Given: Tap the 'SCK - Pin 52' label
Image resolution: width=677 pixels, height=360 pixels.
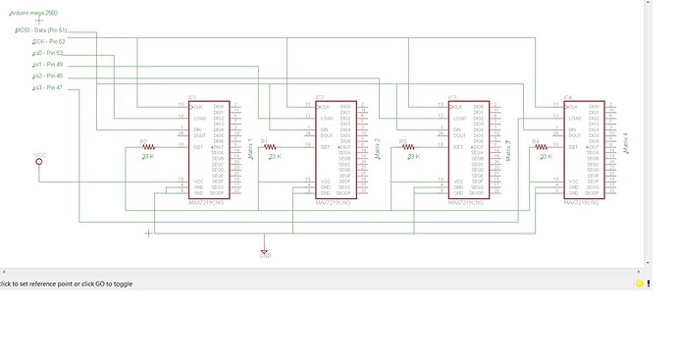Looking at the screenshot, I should pos(48,41).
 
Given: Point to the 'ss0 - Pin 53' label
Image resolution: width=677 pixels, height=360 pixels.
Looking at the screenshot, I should pos(47,53).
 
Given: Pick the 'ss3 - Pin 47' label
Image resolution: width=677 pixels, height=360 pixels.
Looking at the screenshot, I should pos(47,88).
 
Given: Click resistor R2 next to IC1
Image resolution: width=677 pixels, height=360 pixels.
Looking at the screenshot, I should pos(149,147).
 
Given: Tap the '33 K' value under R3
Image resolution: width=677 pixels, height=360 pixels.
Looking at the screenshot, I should pos(411,156).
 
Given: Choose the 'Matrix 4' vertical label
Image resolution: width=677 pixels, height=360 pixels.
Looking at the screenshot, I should pos(624,143).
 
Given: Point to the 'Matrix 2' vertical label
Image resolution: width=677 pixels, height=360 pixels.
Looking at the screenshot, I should pos(378,148).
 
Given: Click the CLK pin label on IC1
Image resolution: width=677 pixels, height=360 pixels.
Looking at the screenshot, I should pos(197,106).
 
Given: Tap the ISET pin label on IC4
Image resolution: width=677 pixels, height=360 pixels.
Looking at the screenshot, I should pos(569,147).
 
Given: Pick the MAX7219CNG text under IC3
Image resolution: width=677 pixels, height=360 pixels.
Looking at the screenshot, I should pos(467,204).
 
